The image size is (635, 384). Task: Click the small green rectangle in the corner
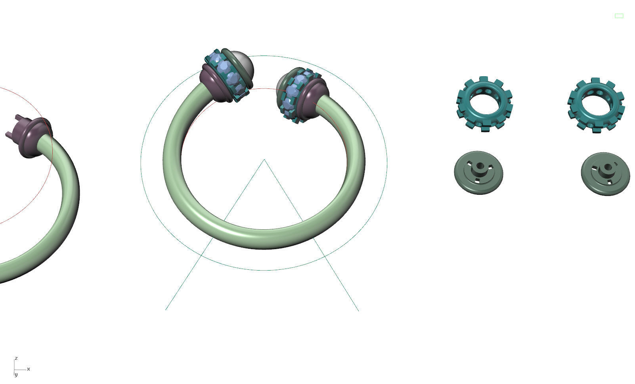click(x=619, y=16)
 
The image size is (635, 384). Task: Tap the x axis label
click(x=29, y=369)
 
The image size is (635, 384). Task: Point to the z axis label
click(x=16, y=358)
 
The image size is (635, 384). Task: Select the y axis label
click(x=16, y=374)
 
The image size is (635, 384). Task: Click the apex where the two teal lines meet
click(x=264, y=159)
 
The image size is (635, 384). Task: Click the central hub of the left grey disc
click(x=480, y=167)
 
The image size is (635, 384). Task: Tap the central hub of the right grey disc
click(x=606, y=168)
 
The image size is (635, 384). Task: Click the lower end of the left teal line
click(x=166, y=309)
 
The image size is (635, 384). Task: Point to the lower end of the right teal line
click(x=358, y=311)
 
